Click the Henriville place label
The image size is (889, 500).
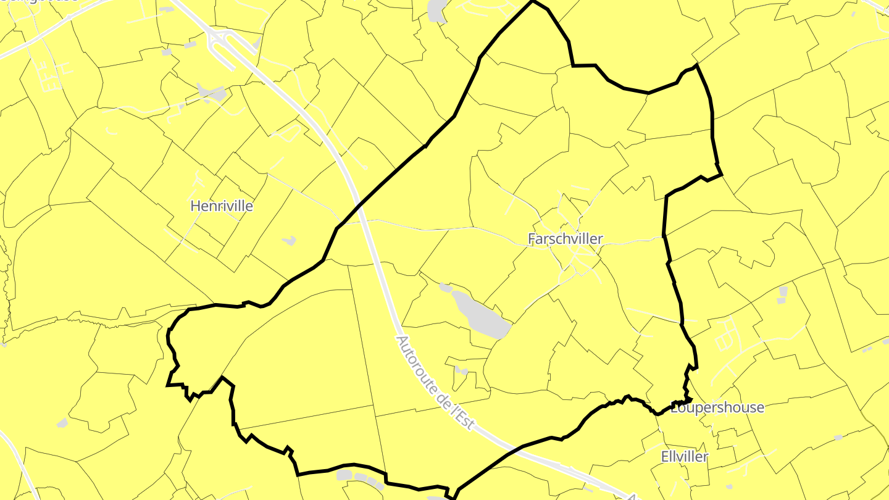click(222, 206)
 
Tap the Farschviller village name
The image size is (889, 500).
click(566, 239)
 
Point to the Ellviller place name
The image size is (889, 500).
click(685, 457)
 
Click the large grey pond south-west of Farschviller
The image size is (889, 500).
click(482, 314)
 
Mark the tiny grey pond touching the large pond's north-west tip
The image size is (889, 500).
click(445, 288)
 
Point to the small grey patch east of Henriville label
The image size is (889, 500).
click(288, 240)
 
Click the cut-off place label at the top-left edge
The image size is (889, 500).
click(43, 2)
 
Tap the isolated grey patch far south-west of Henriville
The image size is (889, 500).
click(62, 423)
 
